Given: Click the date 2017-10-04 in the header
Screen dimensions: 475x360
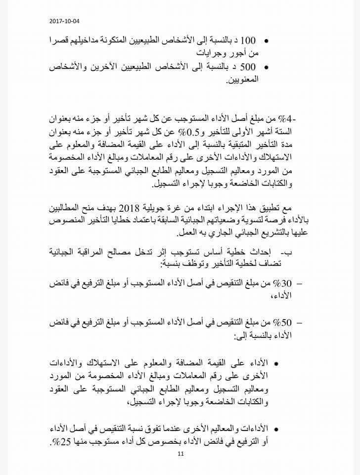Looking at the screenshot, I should [64, 21].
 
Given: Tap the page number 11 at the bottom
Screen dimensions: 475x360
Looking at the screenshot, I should [181, 454].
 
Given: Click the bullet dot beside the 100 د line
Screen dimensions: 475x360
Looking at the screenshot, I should [267, 41].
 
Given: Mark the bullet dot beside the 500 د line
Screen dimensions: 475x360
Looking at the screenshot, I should [267, 66].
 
